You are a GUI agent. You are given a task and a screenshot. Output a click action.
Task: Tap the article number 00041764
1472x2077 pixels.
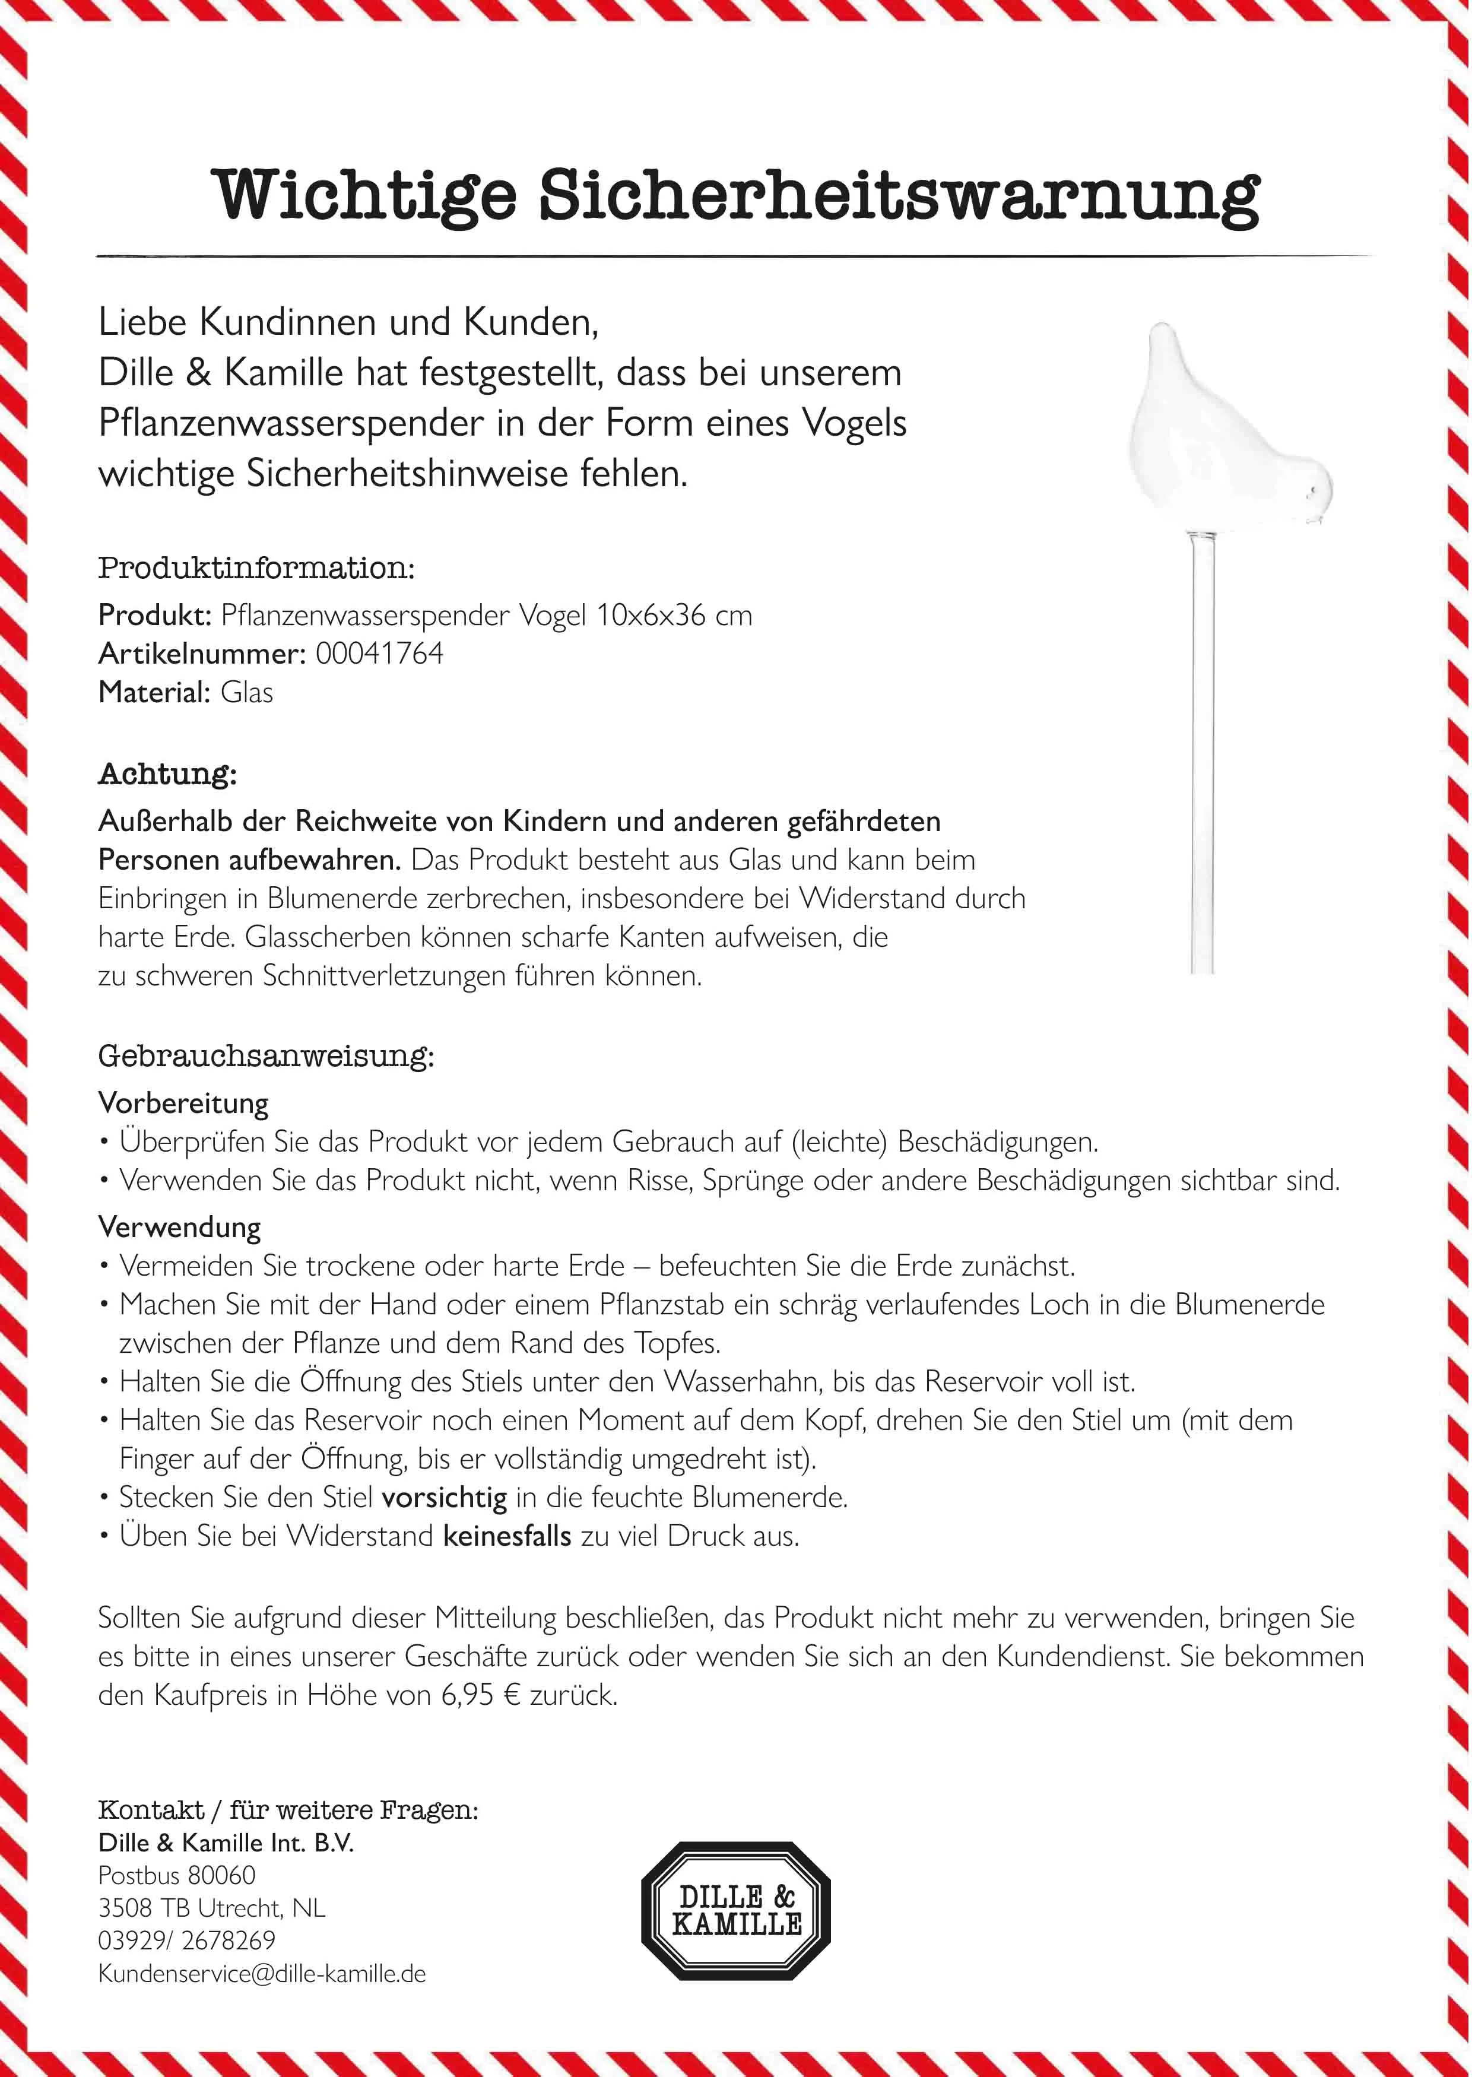(x=379, y=654)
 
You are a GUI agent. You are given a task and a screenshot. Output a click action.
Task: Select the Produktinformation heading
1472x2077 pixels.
(x=256, y=569)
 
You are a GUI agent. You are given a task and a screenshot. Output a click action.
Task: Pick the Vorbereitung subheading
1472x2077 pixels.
(x=183, y=1103)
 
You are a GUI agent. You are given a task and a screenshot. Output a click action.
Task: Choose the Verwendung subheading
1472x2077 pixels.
(x=179, y=1228)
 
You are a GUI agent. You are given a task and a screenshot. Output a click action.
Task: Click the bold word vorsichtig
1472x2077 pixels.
(x=444, y=1497)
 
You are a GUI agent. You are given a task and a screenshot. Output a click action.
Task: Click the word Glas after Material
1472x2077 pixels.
(x=246, y=693)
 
